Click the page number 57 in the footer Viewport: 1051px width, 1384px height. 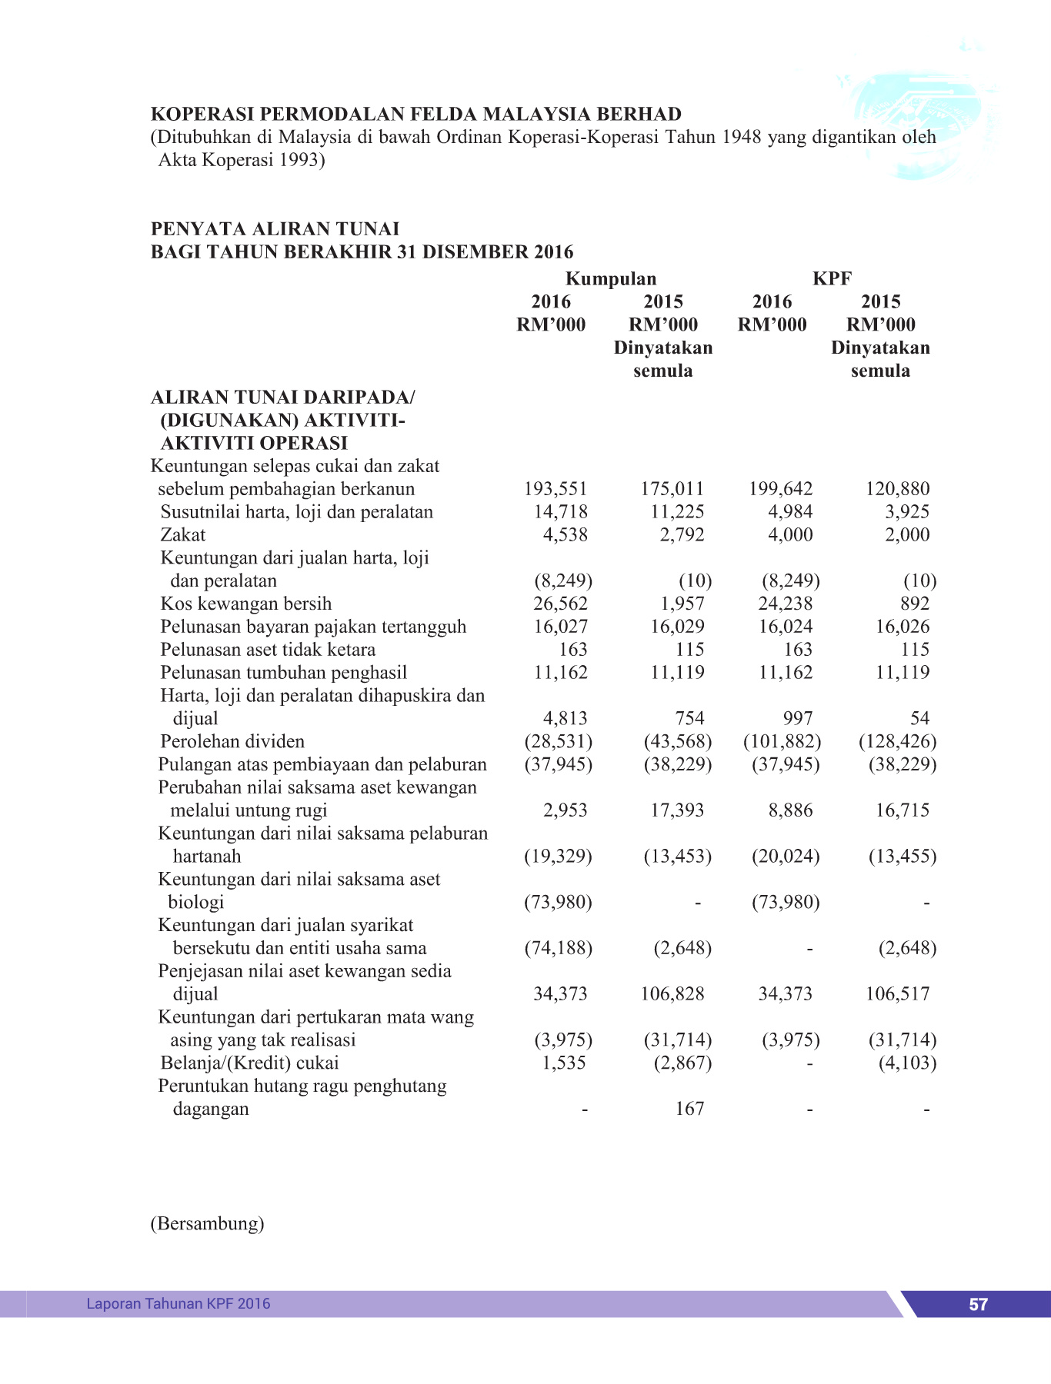tap(978, 1304)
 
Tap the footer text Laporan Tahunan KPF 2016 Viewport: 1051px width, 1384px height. tap(179, 1303)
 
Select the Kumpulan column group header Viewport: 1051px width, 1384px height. tap(611, 278)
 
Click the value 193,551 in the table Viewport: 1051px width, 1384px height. tap(556, 489)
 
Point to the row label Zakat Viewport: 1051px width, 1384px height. tap(183, 534)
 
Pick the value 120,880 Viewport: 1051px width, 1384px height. tap(898, 489)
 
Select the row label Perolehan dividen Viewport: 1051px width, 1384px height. tap(232, 741)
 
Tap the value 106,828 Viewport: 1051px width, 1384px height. tap(672, 993)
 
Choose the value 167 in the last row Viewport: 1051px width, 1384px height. tap(689, 1109)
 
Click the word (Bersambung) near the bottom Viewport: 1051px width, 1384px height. tap(207, 1223)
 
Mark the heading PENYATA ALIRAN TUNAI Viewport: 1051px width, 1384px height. tap(275, 229)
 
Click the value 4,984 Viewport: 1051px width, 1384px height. tap(790, 512)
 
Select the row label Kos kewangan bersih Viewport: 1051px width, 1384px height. tap(246, 604)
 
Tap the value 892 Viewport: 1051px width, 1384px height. tap(915, 604)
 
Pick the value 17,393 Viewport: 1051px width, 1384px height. tap(677, 810)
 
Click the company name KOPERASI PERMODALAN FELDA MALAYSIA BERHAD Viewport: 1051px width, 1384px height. tap(416, 115)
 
